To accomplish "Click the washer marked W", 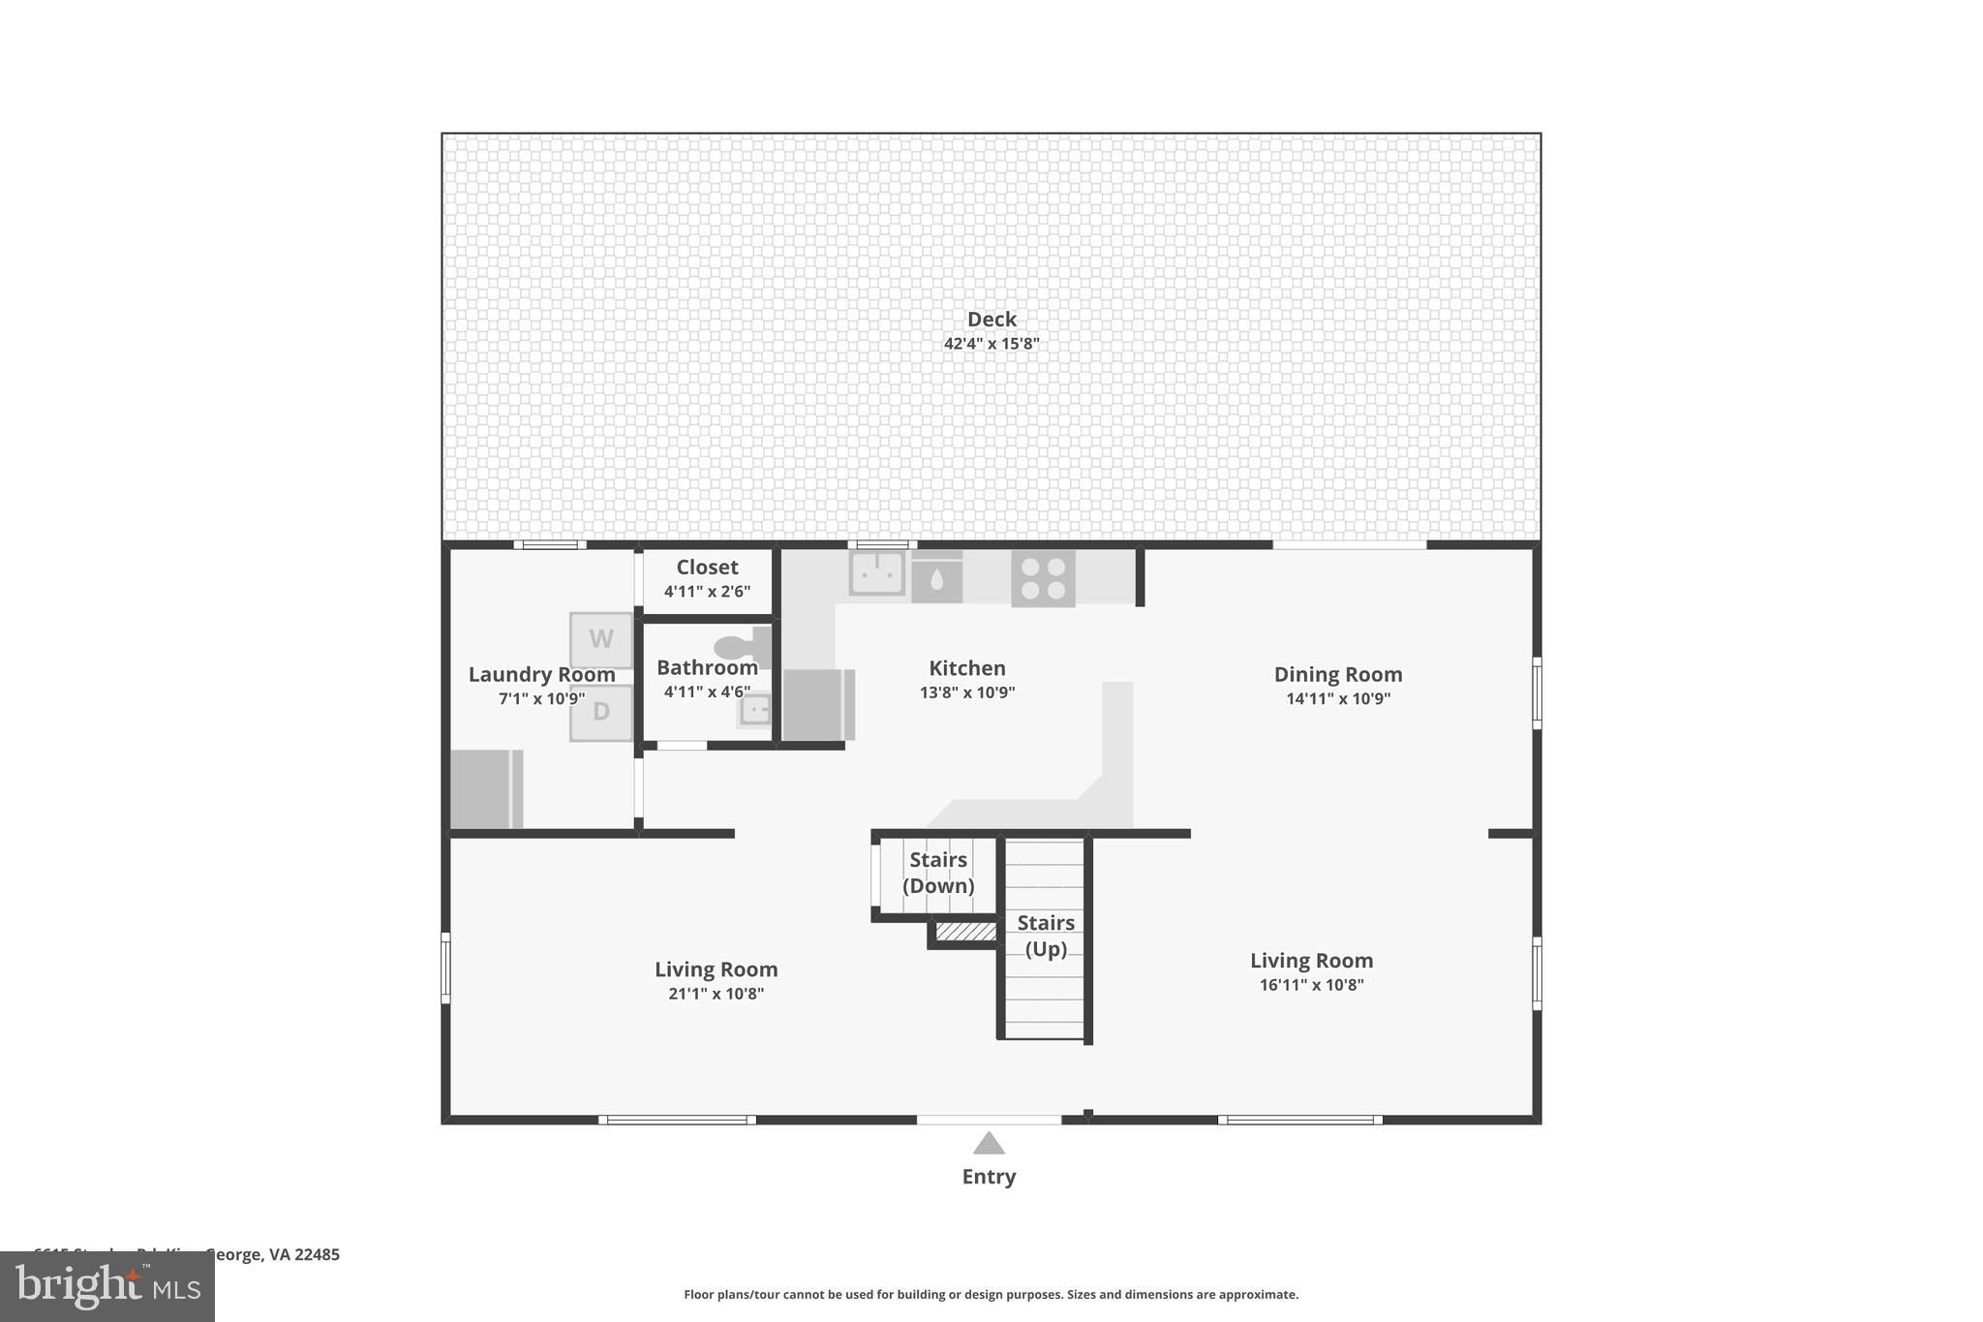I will (x=601, y=639).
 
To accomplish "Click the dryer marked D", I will (x=601, y=712).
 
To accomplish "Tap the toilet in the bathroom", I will (x=742, y=646).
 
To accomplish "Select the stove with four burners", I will (x=1043, y=578).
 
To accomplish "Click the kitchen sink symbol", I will (x=877, y=573).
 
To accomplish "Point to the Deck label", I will (x=991, y=319).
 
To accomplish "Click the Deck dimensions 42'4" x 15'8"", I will (x=991, y=344).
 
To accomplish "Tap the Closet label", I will (x=707, y=567).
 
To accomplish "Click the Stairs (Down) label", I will (x=938, y=873).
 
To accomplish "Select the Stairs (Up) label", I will (x=1046, y=936).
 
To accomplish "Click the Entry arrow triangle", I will (x=989, y=1144).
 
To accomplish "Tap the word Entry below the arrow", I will (x=989, y=1177).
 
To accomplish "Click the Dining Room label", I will (x=1338, y=674).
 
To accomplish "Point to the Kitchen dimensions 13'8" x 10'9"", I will (x=967, y=692).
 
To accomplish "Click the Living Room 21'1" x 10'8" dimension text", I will (x=716, y=994).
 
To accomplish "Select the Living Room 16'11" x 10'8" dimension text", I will (x=1311, y=985).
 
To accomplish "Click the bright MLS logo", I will (x=107, y=1287).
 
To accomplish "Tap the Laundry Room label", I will (x=541, y=674).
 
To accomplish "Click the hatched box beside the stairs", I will (x=965, y=932).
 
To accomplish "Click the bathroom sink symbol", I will (x=755, y=709).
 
